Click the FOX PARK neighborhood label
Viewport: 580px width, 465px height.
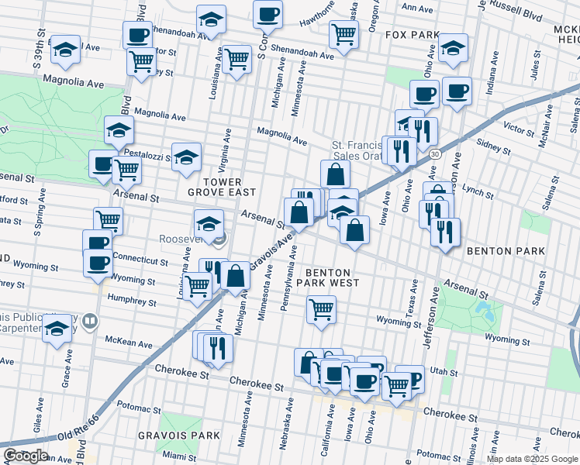[413, 36]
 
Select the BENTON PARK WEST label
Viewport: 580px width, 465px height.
[332, 277]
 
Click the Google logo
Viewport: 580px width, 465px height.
[26, 455]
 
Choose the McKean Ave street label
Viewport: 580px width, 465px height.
[129, 342]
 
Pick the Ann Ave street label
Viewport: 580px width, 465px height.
[418, 8]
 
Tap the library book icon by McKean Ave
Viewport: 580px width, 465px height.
[91, 321]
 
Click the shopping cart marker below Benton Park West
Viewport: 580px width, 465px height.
[321, 309]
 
